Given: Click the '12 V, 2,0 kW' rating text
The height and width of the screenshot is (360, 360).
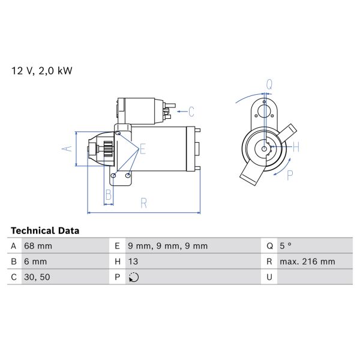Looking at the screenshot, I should (x=42, y=71).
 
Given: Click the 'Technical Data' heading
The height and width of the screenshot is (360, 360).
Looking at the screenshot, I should (x=45, y=230).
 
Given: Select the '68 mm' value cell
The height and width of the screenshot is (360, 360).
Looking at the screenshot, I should (x=38, y=246).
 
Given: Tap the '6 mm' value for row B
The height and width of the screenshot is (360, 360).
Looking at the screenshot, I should (x=35, y=262).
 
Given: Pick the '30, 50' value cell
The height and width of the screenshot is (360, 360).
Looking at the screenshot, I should (x=36, y=277).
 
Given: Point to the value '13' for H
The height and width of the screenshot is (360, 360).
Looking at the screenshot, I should (x=133, y=262).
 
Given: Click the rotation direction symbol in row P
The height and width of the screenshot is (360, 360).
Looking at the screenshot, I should (x=133, y=277).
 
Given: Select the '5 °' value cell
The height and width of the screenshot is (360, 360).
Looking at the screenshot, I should (x=287, y=246).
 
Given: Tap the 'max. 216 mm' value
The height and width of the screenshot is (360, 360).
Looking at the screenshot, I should (x=308, y=262).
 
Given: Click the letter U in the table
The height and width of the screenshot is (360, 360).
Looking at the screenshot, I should (x=270, y=277).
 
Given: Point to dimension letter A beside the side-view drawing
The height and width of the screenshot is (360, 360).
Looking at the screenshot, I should (x=67, y=148).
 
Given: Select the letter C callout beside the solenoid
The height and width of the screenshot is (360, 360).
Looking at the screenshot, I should (x=191, y=111).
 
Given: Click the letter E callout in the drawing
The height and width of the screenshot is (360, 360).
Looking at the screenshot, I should (x=142, y=149).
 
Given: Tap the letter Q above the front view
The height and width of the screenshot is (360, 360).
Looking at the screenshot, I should (x=269, y=85).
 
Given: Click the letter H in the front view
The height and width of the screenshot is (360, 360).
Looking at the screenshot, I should (x=295, y=146).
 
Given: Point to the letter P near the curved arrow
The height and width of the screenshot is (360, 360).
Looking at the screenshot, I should (x=289, y=176).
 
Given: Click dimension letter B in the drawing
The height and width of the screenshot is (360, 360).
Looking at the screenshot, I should (x=109, y=195).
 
